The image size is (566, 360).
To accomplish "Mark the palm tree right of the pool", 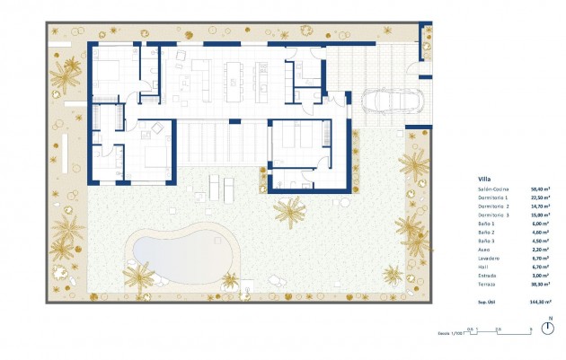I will (289, 212).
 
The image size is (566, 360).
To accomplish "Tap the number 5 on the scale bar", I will (531, 329).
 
